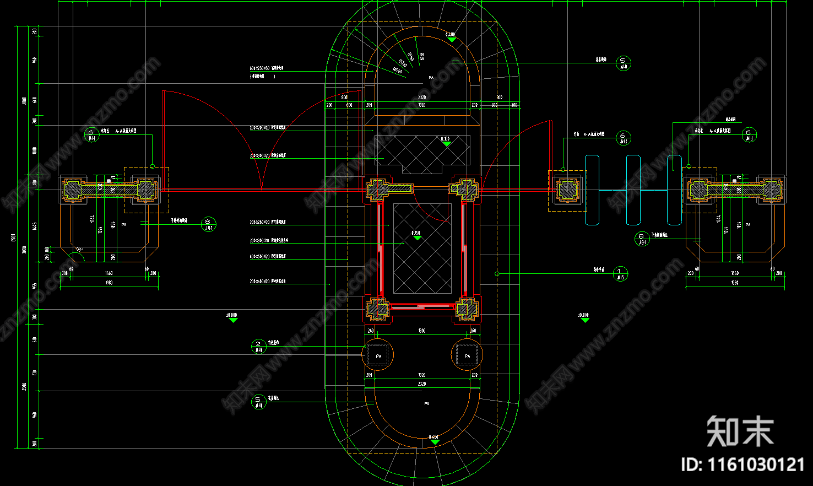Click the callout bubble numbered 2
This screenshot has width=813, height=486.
[258, 346]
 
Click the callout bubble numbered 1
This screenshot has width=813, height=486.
[620, 273]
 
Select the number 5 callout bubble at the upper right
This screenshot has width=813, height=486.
[624, 63]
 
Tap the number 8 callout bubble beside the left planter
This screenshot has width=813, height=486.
[209, 224]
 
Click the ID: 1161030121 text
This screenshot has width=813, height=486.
[742, 465]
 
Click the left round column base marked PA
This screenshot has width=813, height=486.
[378, 355]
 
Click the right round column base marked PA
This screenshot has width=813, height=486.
[467, 355]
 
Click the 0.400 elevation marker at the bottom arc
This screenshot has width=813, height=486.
[434, 439]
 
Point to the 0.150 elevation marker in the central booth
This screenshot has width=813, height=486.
[416, 235]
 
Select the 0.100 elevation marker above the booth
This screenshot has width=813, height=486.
[446, 142]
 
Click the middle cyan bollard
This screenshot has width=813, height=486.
[633, 190]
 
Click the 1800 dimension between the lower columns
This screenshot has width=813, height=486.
[422, 331]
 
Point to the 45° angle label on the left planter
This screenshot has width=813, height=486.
[80, 250]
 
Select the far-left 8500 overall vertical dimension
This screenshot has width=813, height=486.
[14, 237]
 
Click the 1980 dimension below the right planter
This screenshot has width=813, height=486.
[735, 283]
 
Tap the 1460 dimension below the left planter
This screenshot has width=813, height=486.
[109, 273]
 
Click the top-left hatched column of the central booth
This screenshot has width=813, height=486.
[378, 190]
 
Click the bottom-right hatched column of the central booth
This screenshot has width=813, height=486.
[467, 309]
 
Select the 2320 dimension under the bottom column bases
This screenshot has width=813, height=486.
[422, 384]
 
